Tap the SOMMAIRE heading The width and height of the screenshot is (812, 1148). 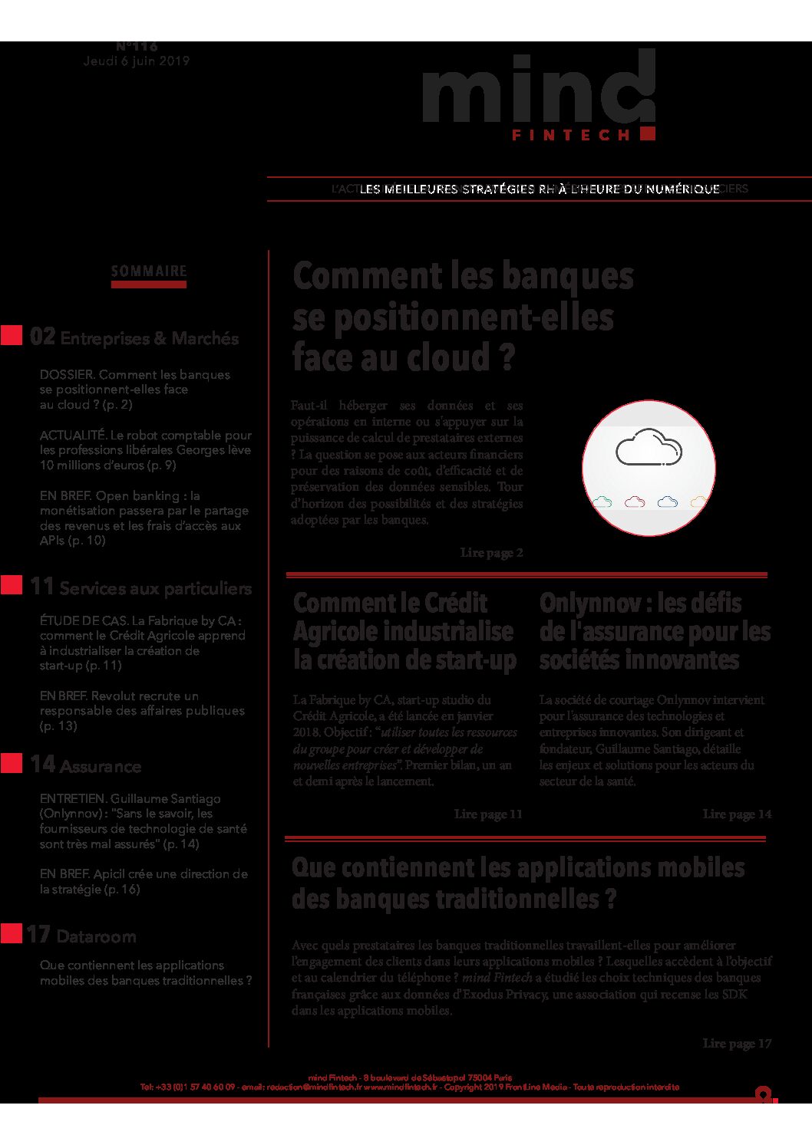[x=149, y=271]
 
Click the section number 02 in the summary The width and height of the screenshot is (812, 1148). [x=42, y=337]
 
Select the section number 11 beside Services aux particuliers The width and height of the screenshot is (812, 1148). [x=42, y=587]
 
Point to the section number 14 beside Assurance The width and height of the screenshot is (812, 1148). [x=42, y=765]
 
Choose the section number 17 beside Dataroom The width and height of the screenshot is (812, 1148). [x=38, y=935]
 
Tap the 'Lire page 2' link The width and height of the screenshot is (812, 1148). [x=491, y=552]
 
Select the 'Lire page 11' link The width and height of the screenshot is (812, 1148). [x=488, y=814]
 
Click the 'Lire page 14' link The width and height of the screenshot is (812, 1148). [x=737, y=814]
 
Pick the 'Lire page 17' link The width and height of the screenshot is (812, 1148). [x=737, y=1043]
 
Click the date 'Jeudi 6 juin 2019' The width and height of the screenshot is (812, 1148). [x=137, y=61]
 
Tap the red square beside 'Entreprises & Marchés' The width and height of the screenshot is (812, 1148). [x=12, y=336]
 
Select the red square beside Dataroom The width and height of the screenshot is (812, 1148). [x=12, y=933]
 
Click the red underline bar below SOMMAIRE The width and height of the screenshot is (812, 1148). [x=149, y=285]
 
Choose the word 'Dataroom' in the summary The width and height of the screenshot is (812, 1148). [x=96, y=936]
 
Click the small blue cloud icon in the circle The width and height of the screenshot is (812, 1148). [x=668, y=502]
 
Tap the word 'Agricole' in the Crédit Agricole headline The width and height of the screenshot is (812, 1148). [x=335, y=632]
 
